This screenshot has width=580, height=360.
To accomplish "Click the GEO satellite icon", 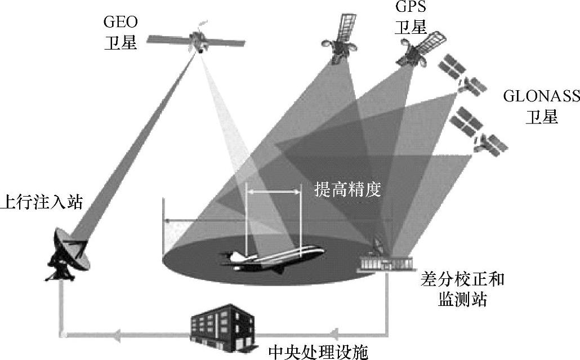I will click(x=198, y=41).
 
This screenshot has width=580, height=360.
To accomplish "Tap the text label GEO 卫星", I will click(x=121, y=33).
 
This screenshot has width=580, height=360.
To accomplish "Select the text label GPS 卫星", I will click(x=411, y=17).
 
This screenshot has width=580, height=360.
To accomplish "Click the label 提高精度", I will click(x=347, y=190).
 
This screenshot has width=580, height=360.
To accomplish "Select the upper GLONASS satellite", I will click(x=462, y=76).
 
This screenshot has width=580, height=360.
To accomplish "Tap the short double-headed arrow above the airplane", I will click(x=274, y=193).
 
